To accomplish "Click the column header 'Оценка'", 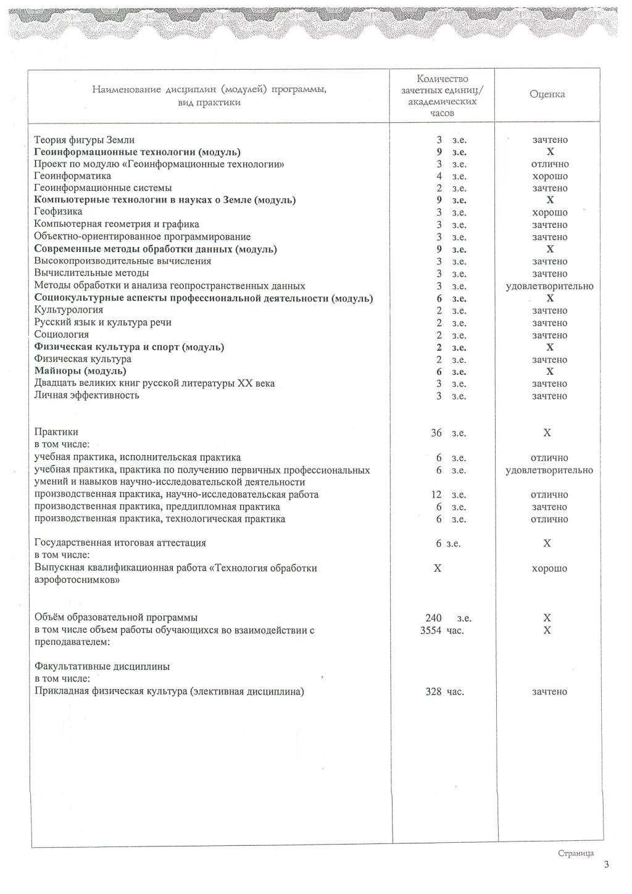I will point(547,94).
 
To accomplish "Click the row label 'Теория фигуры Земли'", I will point(85,140).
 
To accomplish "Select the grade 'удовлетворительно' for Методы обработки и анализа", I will point(549,286).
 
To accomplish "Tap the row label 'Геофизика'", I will point(58,212).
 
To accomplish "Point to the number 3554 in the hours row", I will point(431,630).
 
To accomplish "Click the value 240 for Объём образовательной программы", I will point(433,618).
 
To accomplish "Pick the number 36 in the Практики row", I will point(436,433).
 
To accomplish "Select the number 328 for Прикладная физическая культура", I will point(433,691).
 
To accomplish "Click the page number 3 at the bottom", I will point(607,865).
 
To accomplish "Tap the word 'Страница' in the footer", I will point(575,853).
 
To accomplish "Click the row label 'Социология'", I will point(62,335).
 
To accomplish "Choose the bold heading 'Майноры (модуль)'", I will point(80,371).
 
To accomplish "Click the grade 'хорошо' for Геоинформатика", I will point(549,176).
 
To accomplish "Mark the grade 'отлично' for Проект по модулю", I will point(549,164).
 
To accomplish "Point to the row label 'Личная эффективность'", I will point(86,395).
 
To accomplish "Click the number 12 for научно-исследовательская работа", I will point(436,495).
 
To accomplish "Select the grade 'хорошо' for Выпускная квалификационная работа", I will point(549,569).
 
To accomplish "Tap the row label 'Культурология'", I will point(69,310).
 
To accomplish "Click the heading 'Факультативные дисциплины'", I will point(102,667).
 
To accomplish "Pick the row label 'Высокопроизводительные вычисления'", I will point(122,261).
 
